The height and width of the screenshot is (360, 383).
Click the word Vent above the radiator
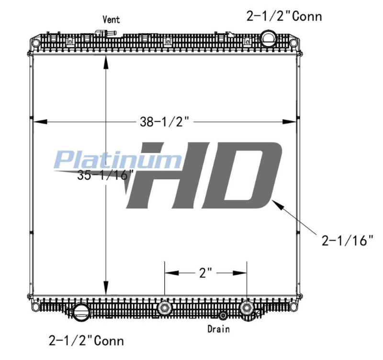pos(111,20)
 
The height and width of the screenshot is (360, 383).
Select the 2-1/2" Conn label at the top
pos(283,16)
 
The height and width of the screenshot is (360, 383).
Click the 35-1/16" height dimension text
pos(104,175)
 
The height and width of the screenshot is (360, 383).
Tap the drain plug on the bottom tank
pos(223,315)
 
